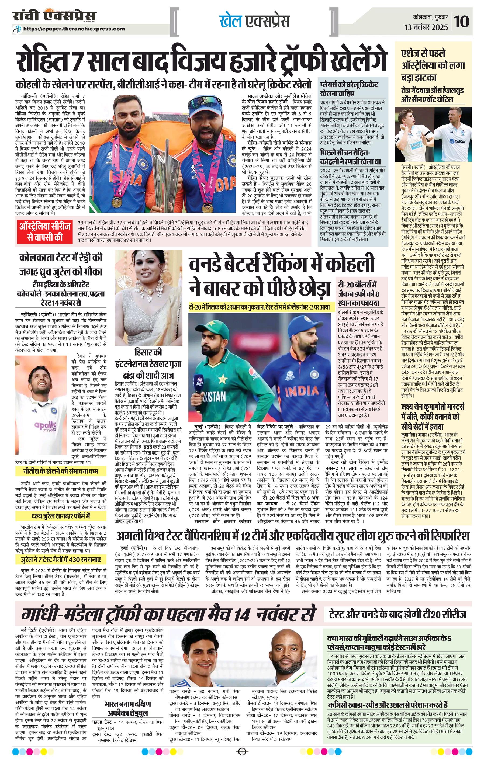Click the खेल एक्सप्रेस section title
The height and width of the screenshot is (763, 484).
pyautogui.click(x=254, y=22)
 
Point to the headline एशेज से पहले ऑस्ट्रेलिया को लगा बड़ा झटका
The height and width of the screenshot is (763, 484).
pyautogui.click(x=433, y=65)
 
